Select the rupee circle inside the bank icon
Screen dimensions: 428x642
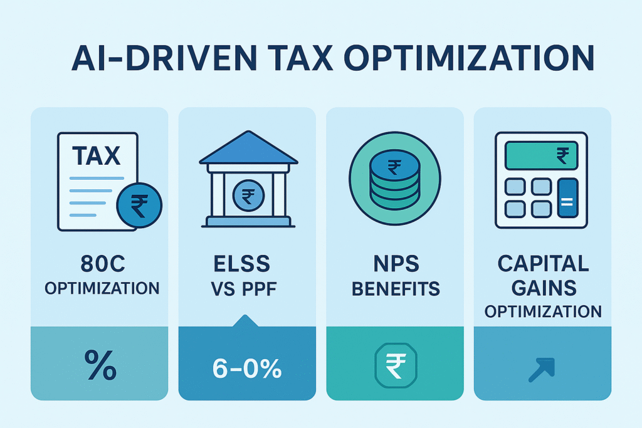point(248,199)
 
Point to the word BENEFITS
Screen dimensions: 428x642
point(395,290)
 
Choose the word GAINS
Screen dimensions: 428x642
point(543,288)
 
